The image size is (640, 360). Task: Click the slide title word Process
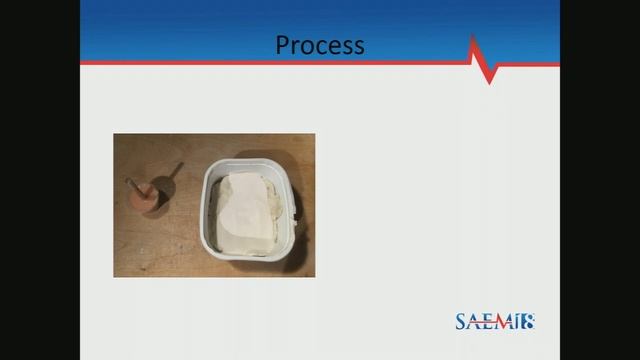pos(320,45)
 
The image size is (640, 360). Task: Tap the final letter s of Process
pos(359,47)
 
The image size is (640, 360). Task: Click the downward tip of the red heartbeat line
pos(490,81)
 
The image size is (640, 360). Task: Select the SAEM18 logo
pos(495,322)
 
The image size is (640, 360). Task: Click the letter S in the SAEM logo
pos(462,322)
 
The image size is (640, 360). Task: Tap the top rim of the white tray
pos(250,160)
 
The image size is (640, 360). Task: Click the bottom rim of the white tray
pos(250,262)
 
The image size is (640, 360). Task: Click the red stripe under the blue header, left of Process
pos(180,63)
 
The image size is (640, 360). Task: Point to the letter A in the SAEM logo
pos(476,322)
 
